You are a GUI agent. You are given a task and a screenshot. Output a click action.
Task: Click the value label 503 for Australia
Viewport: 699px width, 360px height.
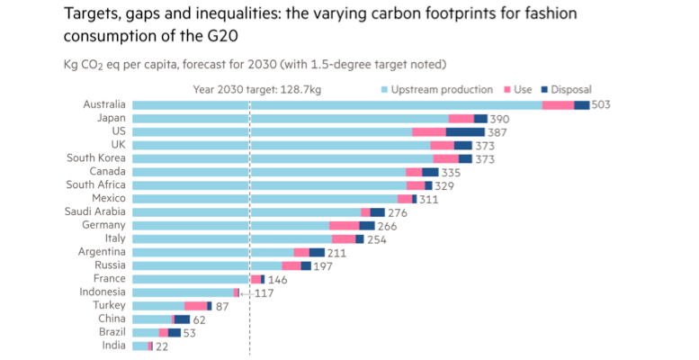tap(602, 105)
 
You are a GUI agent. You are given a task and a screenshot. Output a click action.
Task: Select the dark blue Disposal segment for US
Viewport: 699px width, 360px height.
tap(465, 132)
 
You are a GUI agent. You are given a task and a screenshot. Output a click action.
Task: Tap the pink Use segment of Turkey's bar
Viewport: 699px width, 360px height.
tap(195, 306)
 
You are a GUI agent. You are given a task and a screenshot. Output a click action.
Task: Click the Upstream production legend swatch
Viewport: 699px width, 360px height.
tap(385, 90)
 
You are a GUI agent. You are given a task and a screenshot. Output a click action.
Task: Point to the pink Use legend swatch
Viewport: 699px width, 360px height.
tap(507, 90)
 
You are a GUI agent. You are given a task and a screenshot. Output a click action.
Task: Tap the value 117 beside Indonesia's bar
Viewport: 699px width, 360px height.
tap(264, 293)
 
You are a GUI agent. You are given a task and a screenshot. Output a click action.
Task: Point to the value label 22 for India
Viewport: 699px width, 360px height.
tap(162, 346)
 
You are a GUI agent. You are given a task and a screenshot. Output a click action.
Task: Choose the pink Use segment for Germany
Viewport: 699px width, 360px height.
tap(344, 226)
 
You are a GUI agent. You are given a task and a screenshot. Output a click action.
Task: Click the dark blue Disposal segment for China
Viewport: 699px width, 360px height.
tap(182, 319)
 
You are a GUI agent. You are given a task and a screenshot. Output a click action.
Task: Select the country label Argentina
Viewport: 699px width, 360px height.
tap(102, 252)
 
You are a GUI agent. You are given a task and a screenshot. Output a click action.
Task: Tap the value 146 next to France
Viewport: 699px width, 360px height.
tap(279, 280)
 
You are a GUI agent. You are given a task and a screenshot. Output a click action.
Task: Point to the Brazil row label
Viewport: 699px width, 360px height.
tap(110, 332)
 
